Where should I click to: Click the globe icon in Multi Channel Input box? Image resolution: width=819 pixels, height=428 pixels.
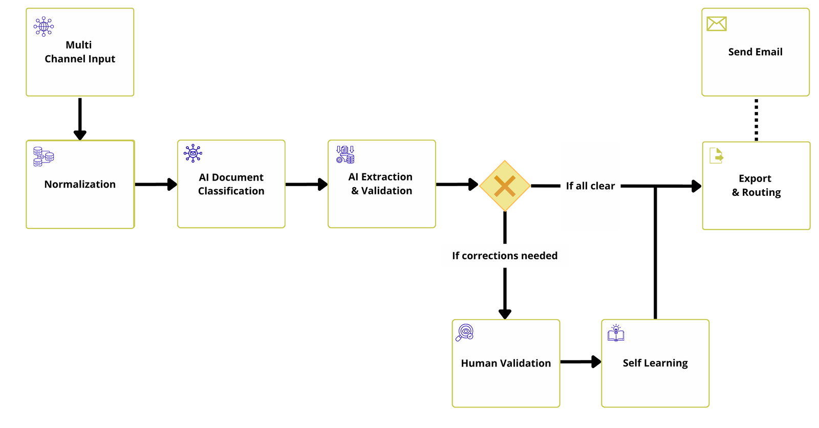click(x=44, y=27)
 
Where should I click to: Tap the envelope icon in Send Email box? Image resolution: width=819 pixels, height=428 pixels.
click(x=716, y=24)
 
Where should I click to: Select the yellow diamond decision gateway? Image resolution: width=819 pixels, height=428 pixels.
click(x=505, y=186)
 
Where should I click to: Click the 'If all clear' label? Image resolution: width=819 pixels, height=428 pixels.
click(x=590, y=186)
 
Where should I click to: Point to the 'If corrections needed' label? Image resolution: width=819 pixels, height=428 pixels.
click(x=505, y=256)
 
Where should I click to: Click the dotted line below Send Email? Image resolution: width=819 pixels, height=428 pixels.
click(x=756, y=119)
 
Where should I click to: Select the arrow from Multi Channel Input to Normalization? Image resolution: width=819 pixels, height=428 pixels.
click(x=80, y=118)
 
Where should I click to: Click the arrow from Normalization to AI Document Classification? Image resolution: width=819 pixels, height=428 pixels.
click(x=156, y=184)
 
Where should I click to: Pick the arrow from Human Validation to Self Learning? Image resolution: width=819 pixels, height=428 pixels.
click(x=580, y=362)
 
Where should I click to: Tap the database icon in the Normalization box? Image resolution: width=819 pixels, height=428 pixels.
click(x=44, y=156)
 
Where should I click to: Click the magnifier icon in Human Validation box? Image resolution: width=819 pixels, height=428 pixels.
click(x=465, y=332)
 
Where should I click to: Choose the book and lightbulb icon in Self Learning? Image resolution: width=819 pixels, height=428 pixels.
click(x=616, y=333)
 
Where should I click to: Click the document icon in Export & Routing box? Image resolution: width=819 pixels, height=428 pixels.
click(x=717, y=155)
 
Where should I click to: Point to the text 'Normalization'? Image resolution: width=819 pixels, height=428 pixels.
click(x=80, y=184)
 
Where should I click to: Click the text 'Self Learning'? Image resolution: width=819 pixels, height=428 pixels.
click(x=655, y=363)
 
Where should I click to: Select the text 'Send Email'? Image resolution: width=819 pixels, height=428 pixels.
click(x=755, y=52)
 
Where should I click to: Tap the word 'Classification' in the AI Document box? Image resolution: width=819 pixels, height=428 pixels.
click(x=231, y=191)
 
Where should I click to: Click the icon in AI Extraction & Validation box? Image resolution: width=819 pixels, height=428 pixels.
click(x=345, y=154)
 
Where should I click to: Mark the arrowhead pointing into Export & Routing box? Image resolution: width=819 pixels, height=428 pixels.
click(x=696, y=186)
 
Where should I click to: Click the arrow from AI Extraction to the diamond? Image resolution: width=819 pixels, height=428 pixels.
click(x=457, y=184)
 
